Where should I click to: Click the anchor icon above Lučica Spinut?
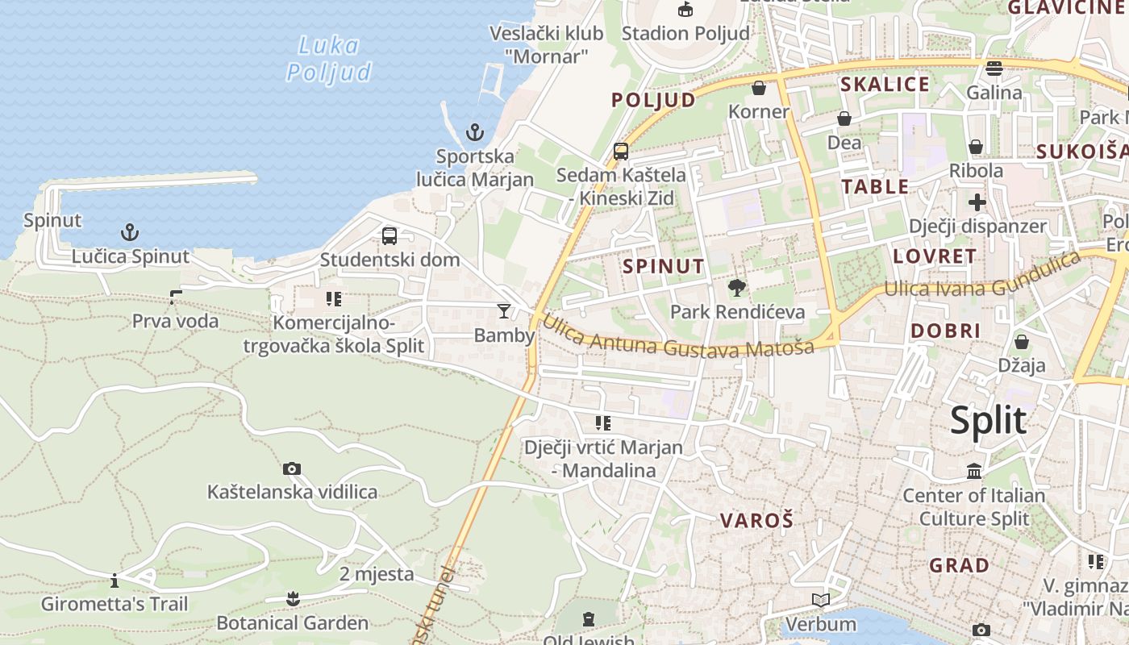[x=130, y=233]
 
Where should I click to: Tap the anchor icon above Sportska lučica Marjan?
[x=475, y=132]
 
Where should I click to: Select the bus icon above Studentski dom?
[x=390, y=236]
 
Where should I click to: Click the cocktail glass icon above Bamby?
[x=504, y=311]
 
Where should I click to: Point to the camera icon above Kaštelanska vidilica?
[x=292, y=468]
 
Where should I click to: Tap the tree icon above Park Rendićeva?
[x=736, y=287]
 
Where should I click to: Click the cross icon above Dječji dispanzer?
[x=977, y=202]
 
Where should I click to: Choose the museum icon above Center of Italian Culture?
[x=974, y=471]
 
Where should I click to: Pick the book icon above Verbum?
[x=821, y=600]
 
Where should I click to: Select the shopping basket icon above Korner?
[x=758, y=87]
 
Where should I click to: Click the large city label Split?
[x=988, y=421]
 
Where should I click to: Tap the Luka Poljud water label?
[x=329, y=59]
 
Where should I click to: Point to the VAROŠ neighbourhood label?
[x=757, y=520]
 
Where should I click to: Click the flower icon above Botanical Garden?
[x=293, y=598]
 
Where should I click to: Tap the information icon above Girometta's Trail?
[x=115, y=580]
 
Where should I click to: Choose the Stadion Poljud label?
[x=685, y=33]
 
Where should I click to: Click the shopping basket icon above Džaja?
[x=1022, y=342]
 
